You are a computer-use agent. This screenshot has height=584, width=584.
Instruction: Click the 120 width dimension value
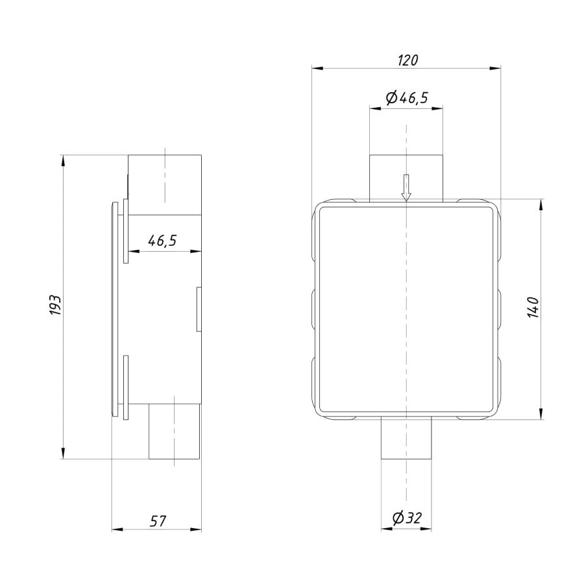click(x=408, y=60)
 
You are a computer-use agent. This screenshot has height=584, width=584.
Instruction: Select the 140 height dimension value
click(x=533, y=308)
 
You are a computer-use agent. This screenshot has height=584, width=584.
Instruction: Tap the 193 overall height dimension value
click(x=55, y=306)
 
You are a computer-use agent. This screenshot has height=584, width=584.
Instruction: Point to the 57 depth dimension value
click(x=158, y=520)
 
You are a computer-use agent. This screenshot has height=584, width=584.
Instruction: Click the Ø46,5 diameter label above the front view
click(x=407, y=97)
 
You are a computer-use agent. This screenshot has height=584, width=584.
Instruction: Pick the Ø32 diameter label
click(x=407, y=518)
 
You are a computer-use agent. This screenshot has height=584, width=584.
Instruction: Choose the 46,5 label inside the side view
click(x=162, y=241)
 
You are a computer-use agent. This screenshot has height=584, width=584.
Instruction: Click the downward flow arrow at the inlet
click(x=406, y=188)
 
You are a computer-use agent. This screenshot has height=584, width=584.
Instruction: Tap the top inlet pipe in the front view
click(x=406, y=178)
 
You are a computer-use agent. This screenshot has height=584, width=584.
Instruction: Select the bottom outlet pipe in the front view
click(x=406, y=437)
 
